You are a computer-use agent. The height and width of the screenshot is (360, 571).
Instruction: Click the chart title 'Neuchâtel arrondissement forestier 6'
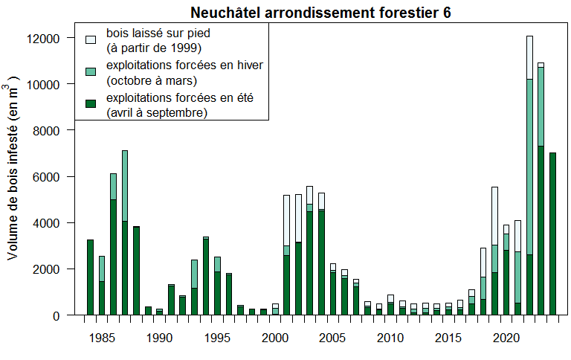click(320, 13)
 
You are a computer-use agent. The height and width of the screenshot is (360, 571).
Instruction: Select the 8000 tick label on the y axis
click(57, 130)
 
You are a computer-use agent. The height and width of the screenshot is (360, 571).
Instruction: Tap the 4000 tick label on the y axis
click(57, 222)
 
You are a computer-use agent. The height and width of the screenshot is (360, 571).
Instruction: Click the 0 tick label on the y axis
click(67, 315)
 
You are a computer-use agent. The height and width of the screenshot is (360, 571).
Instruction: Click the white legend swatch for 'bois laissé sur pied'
click(91, 38)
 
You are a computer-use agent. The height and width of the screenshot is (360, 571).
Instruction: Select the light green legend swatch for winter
click(91, 71)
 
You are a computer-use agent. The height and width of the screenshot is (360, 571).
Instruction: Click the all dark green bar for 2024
click(552, 234)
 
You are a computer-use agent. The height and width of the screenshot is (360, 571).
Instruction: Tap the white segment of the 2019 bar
click(494, 216)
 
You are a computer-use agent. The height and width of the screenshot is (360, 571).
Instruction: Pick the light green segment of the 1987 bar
click(125, 186)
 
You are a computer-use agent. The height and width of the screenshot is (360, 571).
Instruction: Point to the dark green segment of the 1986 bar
click(113, 257)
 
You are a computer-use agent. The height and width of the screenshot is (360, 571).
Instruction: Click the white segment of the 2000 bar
click(275, 306)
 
